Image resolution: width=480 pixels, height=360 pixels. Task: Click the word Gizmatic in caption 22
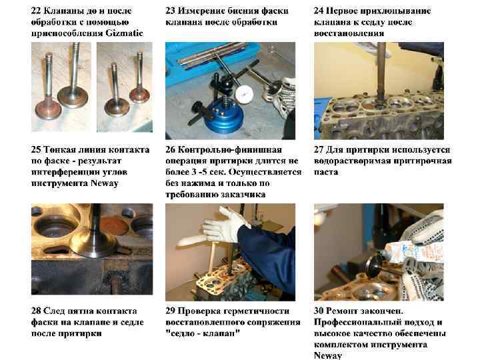(124, 33)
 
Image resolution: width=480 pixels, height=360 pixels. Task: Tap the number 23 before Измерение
(170, 11)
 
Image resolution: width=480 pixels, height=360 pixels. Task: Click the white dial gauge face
(244, 93)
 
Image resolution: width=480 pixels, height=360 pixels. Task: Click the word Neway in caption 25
(104, 183)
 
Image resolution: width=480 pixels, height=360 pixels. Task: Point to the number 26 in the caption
(170, 150)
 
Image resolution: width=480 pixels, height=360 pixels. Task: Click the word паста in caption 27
(326, 172)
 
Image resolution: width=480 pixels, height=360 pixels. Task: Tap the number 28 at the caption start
(36, 311)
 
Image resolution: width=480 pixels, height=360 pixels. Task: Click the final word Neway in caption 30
(327, 355)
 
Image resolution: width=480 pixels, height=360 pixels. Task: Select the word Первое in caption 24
(341, 11)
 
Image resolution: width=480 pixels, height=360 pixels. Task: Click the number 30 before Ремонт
(319, 311)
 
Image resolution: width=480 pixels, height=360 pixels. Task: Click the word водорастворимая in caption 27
(352, 161)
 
